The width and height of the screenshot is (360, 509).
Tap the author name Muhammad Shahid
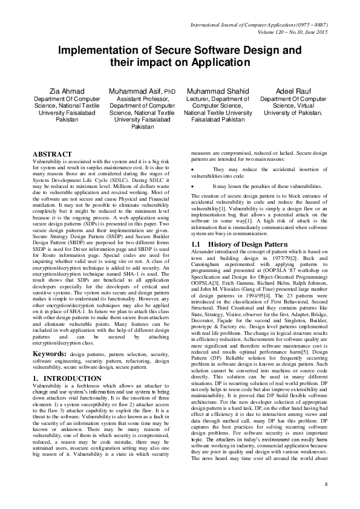[x=218, y=91]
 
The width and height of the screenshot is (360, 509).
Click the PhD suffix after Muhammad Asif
[x=157, y=92]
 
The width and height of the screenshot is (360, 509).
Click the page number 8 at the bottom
[x=325, y=485]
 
